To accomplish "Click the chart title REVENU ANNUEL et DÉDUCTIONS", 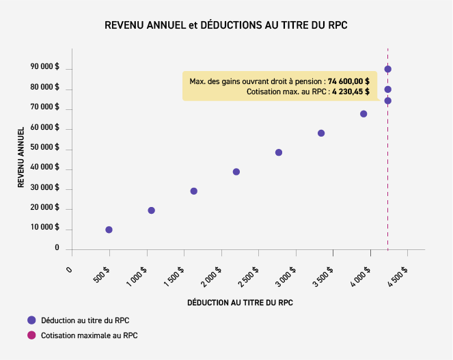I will pos(226,25).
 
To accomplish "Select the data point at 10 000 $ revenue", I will pos(109,230).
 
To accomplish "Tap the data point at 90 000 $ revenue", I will pos(387,69).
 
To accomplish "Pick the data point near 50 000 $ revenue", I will pos(279,152).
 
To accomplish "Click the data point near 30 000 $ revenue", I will pos(194,191).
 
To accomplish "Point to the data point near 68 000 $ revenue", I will pos(363,114).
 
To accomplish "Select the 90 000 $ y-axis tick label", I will pos(45,68).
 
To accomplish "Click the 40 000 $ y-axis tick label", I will pos(45,167).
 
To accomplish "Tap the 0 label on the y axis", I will pos(57,249).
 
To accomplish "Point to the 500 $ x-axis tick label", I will pos(100,275).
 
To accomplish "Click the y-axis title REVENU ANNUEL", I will pos(22,157).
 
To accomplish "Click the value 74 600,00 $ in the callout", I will pos(348,81).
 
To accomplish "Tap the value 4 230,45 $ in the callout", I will pos(351,91).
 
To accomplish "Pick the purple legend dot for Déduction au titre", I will pos(31,320).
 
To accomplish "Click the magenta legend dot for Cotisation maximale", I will pos(31,335).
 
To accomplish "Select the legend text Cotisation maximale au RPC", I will pos(90,335).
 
